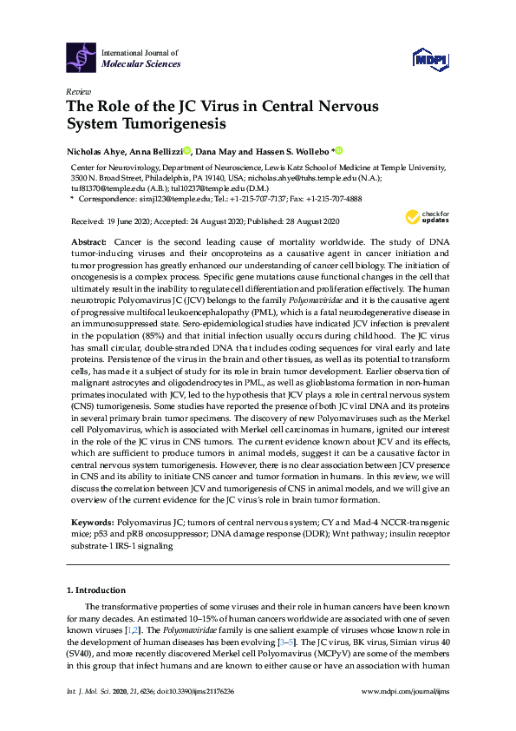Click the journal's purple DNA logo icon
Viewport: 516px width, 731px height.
tap(82, 56)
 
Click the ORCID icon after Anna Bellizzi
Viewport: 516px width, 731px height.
tap(187, 150)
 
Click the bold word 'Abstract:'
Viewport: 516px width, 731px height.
tap(89, 239)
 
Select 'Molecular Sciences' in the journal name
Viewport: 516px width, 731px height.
tap(141, 63)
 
